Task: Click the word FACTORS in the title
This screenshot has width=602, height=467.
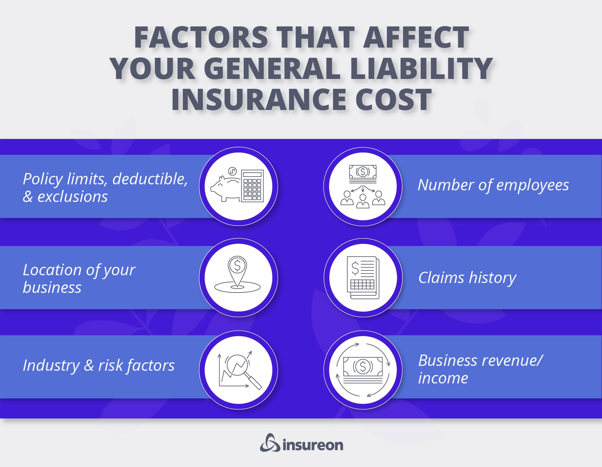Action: [x=201, y=37]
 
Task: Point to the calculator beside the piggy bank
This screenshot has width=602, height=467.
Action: [x=252, y=186]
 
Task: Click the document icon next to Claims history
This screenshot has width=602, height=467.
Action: [x=363, y=277]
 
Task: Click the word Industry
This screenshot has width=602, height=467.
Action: [x=51, y=365]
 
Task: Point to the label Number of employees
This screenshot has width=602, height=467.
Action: [x=493, y=185]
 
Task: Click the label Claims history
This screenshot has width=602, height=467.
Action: [x=467, y=278]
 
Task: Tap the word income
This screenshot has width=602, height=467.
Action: [x=443, y=378]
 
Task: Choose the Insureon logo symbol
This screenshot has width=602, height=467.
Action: [x=270, y=443]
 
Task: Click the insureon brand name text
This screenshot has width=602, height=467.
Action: [x=312, y=445]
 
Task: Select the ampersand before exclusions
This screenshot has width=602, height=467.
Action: [x=27, y=197]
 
